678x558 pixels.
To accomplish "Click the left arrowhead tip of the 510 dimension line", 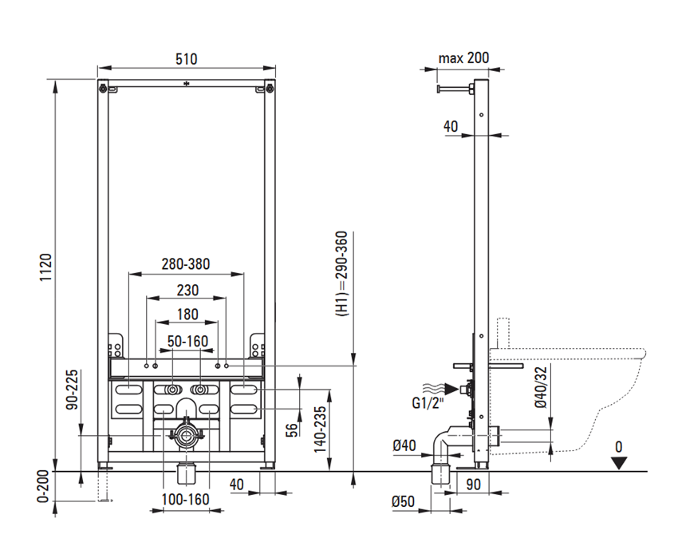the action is (98, 68).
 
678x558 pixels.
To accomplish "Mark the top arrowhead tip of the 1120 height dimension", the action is (55, 80).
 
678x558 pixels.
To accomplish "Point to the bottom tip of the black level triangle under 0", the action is (619, 469).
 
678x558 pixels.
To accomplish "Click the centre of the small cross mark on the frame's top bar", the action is (187, 84).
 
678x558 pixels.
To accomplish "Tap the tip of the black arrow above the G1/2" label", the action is (459, 389).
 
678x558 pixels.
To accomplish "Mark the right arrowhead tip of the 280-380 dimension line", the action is (244, 274).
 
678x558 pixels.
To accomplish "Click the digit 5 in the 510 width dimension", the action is (179, 59).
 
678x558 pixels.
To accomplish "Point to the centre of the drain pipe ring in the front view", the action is (187, 436).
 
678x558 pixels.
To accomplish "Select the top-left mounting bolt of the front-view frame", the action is (102, 89).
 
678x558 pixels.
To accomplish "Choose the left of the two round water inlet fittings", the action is (173, 390).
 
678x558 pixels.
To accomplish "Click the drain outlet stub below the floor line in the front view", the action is (187, 473).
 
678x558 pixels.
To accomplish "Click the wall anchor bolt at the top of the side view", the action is (455, 89).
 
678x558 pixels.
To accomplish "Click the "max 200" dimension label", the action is (463, 58).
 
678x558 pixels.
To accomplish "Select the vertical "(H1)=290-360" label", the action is (342, 274).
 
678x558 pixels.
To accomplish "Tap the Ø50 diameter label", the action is (403, 501).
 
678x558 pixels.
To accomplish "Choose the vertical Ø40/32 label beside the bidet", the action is (541, 387).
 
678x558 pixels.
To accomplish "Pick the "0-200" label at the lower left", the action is (43, 487).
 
